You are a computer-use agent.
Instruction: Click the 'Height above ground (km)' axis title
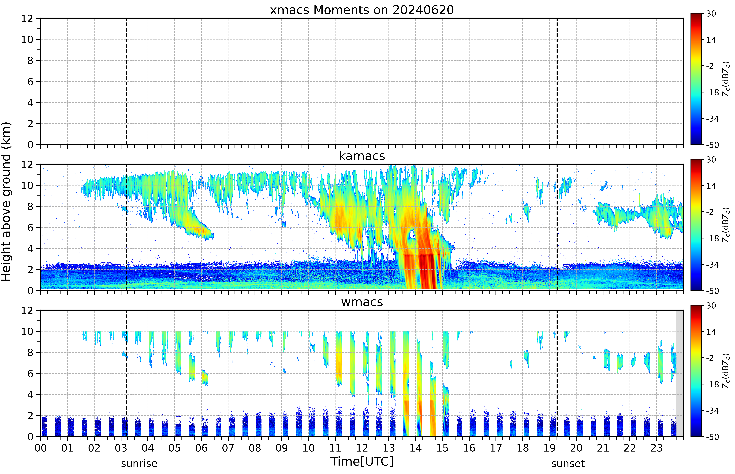[x=6, y=202]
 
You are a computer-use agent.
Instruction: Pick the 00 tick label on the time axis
[x=41, y=448]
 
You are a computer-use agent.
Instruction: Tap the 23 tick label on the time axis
[x=657, y=448]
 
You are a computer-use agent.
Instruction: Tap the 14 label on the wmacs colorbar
[x=711, y=332]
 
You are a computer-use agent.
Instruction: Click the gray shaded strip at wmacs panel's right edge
[x=680, y=373]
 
